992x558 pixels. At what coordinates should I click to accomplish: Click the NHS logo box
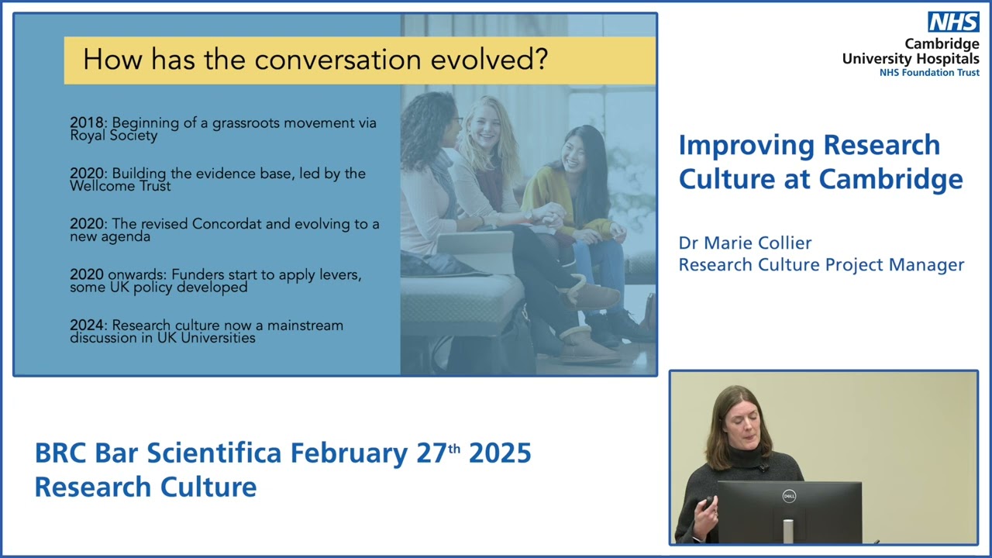point(954,22)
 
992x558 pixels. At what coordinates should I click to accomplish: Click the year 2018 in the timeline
point(85,123)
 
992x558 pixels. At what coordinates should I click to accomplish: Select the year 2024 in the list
point(85,325)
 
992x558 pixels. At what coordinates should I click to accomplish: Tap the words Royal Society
point(113,136)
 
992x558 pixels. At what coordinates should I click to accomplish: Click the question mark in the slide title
point(539,60)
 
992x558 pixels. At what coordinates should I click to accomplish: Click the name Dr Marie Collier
point(745,243)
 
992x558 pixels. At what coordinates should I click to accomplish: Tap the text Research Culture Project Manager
point(821,265)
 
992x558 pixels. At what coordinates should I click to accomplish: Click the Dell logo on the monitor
point(788,496)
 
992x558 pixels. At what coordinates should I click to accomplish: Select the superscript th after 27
point(454,448)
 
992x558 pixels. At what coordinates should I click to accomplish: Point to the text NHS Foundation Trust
point(928,72)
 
